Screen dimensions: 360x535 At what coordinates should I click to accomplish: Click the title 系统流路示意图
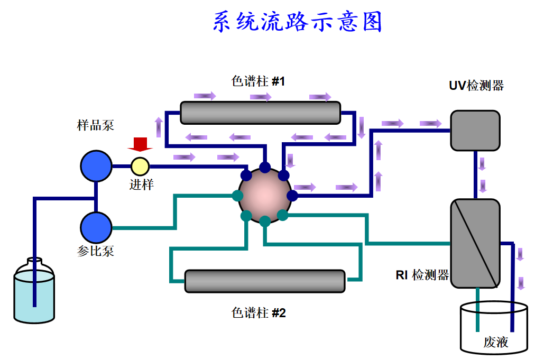(x=298, y=23)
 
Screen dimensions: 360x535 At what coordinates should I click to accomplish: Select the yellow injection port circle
(x=140, y=166)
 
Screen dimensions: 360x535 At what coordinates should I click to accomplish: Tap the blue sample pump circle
(x=96, y=165)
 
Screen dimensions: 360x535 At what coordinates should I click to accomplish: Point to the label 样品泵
(x=95, y=125)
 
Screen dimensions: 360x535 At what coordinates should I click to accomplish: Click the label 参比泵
(x=96, y=251)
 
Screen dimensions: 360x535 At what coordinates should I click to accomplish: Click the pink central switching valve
(x=265, y=194)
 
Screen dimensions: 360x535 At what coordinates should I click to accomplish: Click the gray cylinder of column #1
(x=260, y=112)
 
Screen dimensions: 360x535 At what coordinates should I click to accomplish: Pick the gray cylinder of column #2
(x=264, y=281)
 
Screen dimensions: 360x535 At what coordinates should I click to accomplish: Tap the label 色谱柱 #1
(x=259, y=81)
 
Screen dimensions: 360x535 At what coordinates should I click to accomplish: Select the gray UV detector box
(x=475, y=130)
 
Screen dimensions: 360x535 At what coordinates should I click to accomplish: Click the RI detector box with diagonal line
(x=475, y=243)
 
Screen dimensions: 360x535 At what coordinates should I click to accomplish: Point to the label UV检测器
(x=476, y=86)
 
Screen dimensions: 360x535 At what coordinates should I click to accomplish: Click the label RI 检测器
(x=422, y=275)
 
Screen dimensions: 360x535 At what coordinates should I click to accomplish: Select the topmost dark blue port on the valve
(x=265, y=168)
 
